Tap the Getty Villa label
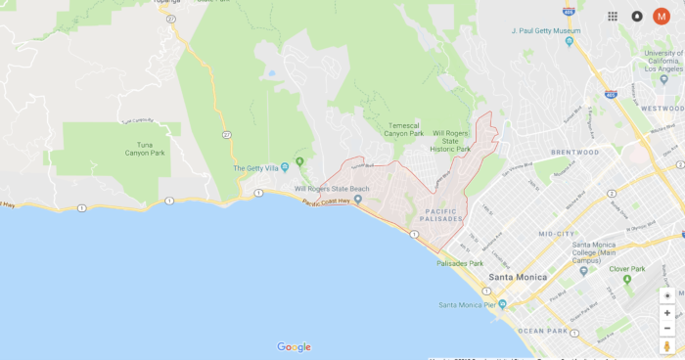(258, 167)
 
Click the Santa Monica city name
(517, 276)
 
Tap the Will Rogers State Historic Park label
(451, 140)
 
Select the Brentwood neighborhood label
(574, 153)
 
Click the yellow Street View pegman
(667, 346)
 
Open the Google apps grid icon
(613, 16)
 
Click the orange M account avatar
(662, 16)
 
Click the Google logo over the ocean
(294, 346)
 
